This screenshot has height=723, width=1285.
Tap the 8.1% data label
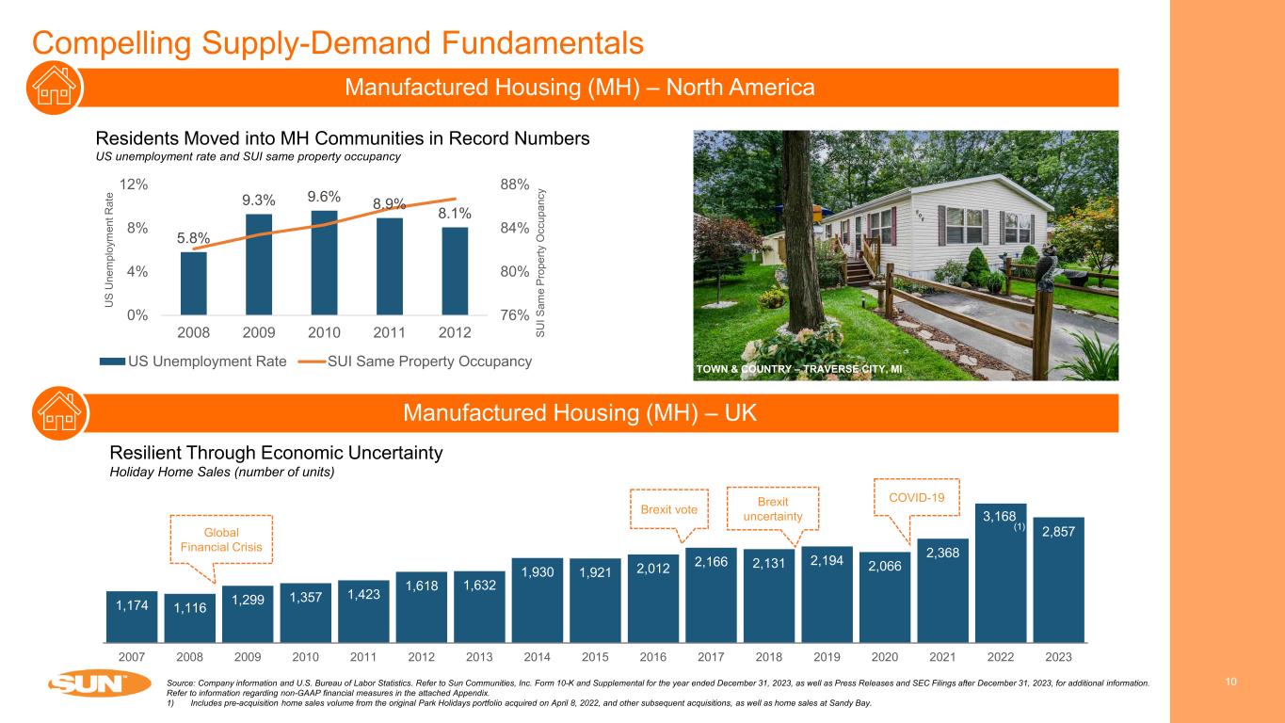[x=455, y=214]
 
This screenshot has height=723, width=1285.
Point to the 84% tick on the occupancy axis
[x=513, y=228]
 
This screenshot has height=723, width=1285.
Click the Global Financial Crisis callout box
[x=222, y=539]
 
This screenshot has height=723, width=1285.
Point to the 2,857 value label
[x=1058, y=532]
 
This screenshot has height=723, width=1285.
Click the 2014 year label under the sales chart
[x=537, y=655]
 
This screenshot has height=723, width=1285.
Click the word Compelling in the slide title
[x=105, y=41]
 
